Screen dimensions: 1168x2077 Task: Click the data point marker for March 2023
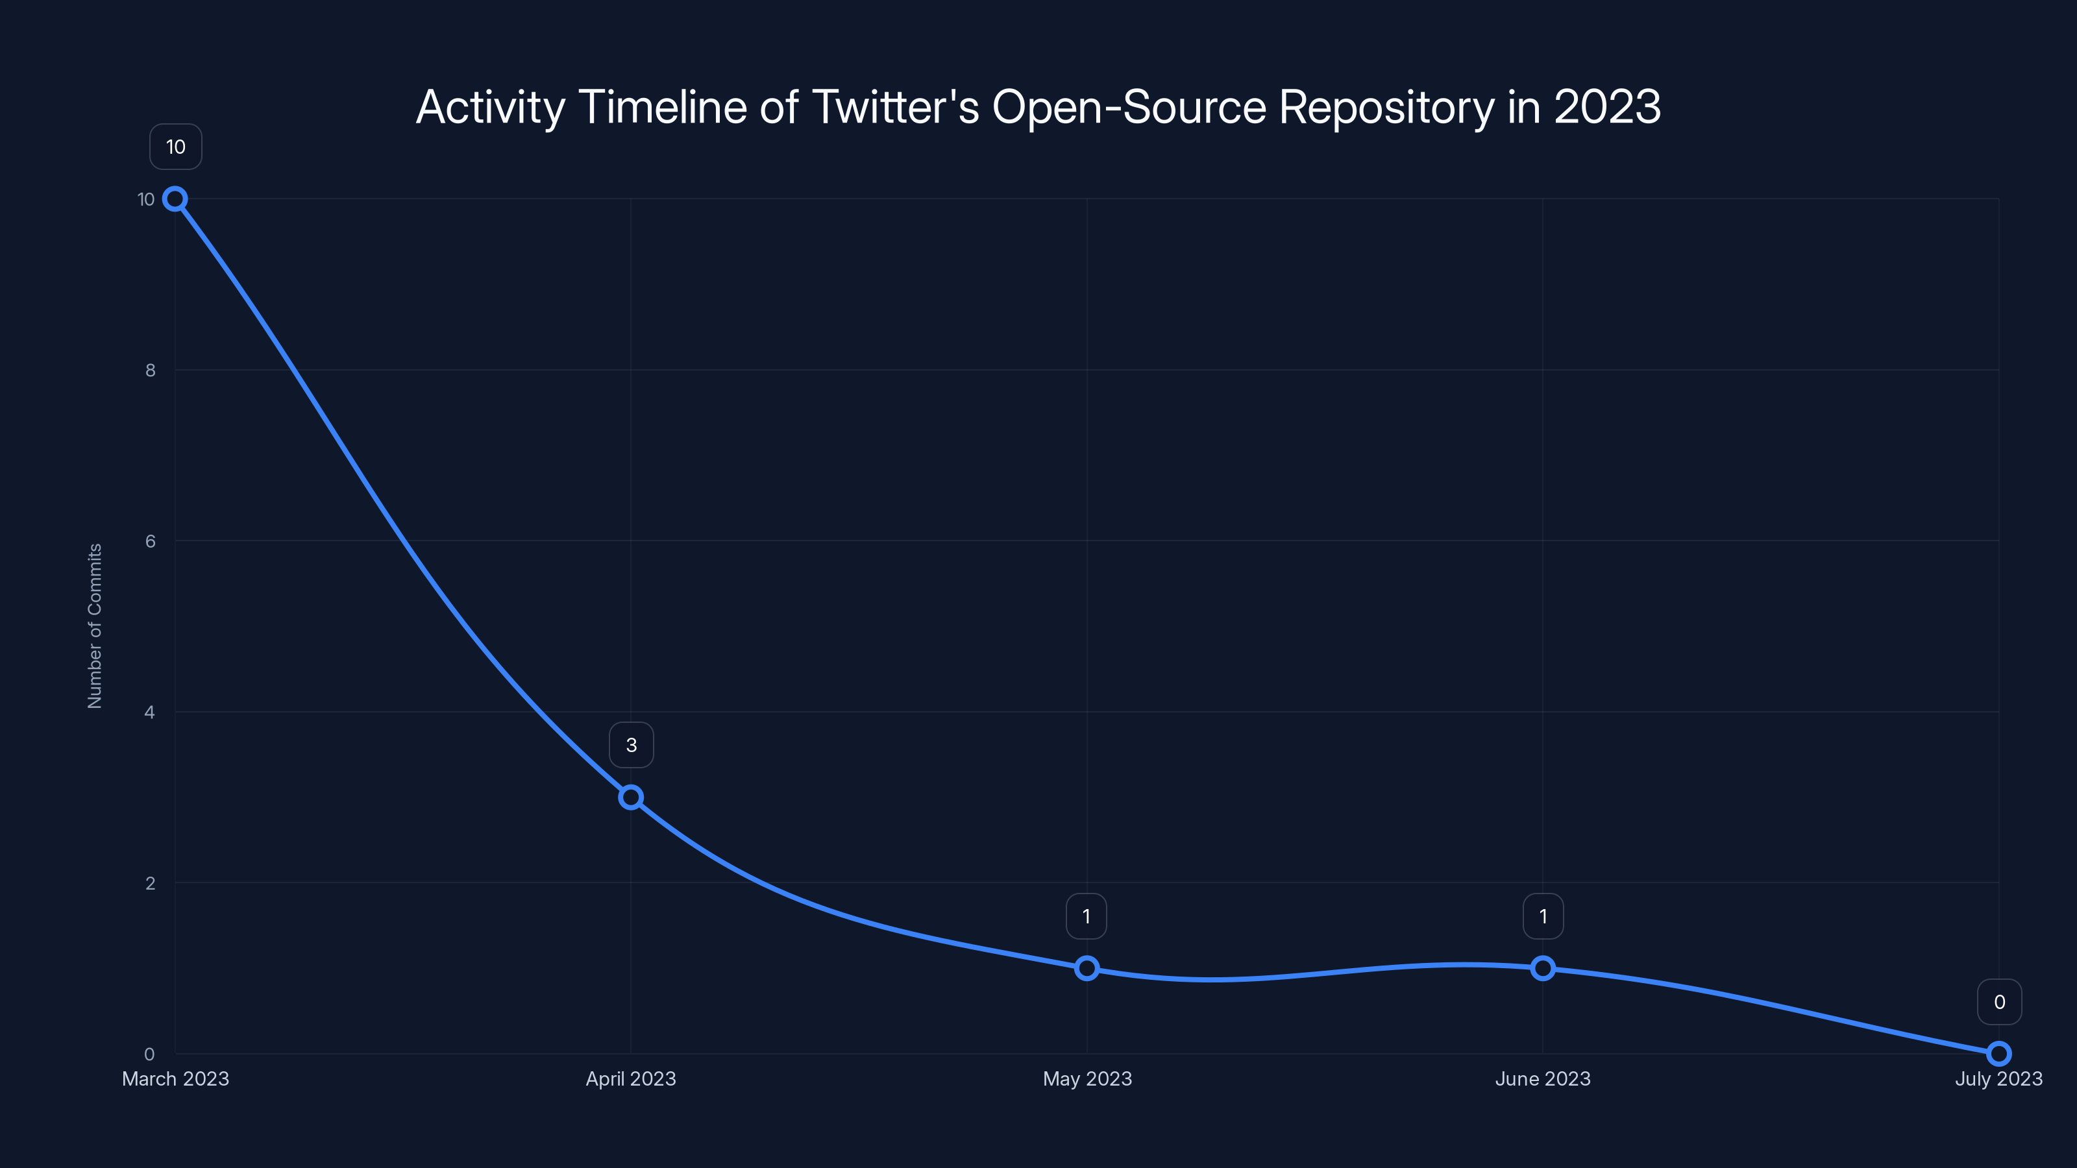point(175,199)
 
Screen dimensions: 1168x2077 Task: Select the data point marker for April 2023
point(630,797)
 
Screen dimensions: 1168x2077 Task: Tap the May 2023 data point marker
point(1087,968)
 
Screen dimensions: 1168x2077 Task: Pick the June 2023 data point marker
point(1542,968)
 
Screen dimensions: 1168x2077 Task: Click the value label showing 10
point(176,147)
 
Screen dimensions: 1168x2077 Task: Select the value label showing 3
point(632,745)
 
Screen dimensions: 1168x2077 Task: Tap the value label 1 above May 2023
point(1086,916)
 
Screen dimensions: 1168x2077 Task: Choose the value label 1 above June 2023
point(1542,916)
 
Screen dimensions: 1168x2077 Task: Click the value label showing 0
point(1999,1002)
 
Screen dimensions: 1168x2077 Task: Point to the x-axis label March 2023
point(175,1078)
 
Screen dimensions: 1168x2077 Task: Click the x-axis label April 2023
point(630,1078)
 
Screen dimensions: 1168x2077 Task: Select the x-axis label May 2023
point(1087,1078)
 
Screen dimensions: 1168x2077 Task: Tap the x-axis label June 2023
point(1542,1078)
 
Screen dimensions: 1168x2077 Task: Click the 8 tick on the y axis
point(150,370)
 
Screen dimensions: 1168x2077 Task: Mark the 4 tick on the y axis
point(149,712)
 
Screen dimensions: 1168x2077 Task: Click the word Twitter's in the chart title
point(895,107)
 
